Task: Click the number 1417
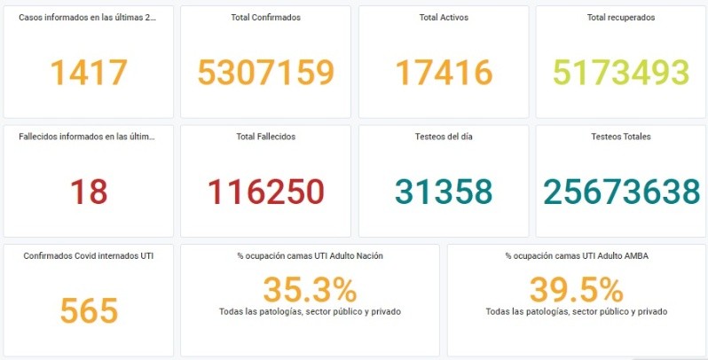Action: point(89,73)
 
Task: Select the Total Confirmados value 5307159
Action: point(265,73)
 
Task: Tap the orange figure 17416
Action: point(444,73)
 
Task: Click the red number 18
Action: point(88,192)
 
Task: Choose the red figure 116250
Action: point(265,192)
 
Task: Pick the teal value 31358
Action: point(444,192)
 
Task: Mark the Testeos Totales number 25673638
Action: point(621,192)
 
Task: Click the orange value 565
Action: point(89,310)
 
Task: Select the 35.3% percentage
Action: point(310,290)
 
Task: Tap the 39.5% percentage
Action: point(577,290)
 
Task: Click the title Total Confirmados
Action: point(265,18)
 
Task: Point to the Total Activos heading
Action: point(444,18)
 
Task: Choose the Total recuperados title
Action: point(620,18)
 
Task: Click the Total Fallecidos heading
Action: point(265,137)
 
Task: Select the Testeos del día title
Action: point(444,137)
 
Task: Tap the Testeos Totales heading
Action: point(620,137)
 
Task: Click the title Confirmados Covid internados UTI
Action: point(88,255)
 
